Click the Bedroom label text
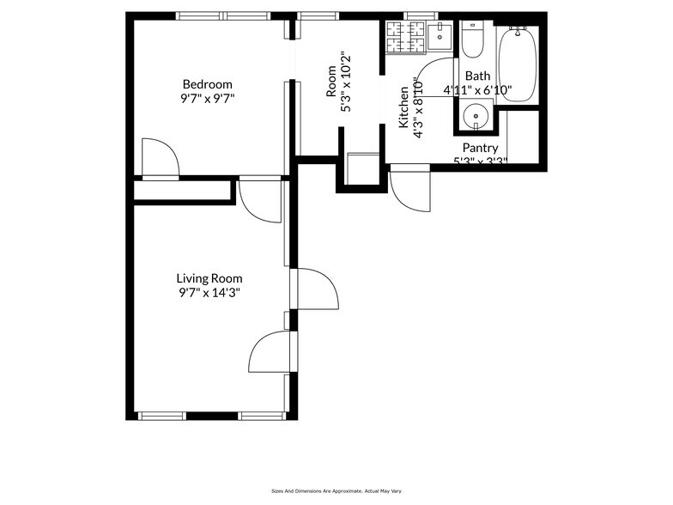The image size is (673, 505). (x=207, y=84)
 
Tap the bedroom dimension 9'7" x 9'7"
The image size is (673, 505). (x=207, y=98)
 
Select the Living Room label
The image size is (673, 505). (x=209, y=278)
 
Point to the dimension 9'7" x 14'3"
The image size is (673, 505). (x=209, y=293)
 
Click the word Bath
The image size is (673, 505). (x=478, y=76)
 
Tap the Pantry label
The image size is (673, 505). (x=480, y=148)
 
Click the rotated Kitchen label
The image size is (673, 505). (x=403, y=107)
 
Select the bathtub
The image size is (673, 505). (x=518, y=64)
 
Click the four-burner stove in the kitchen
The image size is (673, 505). (x=405, y=37)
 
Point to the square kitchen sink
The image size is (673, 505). (x=440, y=37)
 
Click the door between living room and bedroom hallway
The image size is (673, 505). (x=260, y=198)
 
